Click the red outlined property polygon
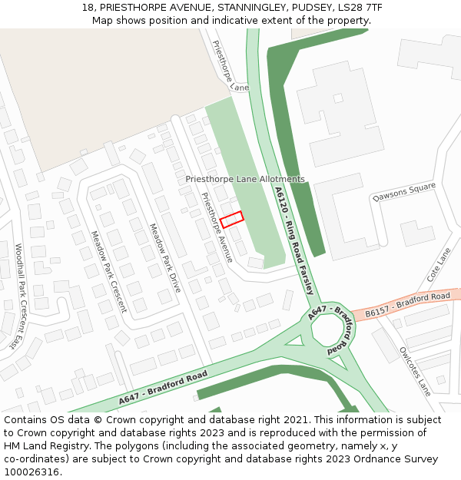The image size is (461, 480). pos(231,220)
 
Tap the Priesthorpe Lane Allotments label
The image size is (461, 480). pos(245,179)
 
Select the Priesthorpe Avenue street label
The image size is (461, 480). pos(217,227)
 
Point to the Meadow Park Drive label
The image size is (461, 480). pos(164,257)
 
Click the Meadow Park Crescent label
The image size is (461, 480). pos(108,271)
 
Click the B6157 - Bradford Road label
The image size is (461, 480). pos(407,304)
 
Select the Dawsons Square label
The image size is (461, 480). pos(404,193)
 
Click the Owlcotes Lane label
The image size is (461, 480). pos(415,371)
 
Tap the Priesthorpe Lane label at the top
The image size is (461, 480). pos(230,66)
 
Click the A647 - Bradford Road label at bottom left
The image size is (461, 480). pos(163,389)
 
